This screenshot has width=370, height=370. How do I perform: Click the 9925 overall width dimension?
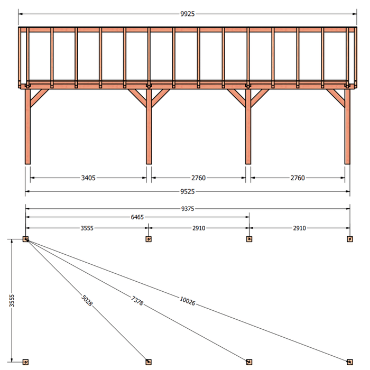pos(187,14)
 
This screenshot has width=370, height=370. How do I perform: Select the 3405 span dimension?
pos(88,178)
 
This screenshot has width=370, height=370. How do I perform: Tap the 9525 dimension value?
pos(187,191)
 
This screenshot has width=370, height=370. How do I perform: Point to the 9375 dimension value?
pos(188,209)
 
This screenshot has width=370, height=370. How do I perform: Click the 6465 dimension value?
pos(137,217)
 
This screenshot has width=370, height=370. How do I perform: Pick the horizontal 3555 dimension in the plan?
pos(87,228)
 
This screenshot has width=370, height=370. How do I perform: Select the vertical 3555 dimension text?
pos(12,300)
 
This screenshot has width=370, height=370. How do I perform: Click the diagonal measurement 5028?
pos(87,300)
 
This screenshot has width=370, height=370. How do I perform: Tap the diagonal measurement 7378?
pos(137,301)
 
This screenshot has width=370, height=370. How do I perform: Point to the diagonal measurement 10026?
pos(188,301)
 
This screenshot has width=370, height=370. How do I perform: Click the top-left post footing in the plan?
pos(26,239)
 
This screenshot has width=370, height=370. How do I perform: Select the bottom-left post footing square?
pos(26,362)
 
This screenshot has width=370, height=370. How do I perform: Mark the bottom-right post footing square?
pos(350,362)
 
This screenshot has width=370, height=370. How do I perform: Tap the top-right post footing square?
pos(350,239)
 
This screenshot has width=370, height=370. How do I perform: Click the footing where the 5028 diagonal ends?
pos(149,362)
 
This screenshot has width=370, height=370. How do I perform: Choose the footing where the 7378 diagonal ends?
pos(249,362)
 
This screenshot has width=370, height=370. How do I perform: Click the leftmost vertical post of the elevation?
pos(27,126)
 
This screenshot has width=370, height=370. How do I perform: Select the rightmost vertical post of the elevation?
pos(347,126)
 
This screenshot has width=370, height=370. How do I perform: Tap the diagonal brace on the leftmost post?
pos(40,98)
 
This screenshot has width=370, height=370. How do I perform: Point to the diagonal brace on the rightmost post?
pos(336,98)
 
